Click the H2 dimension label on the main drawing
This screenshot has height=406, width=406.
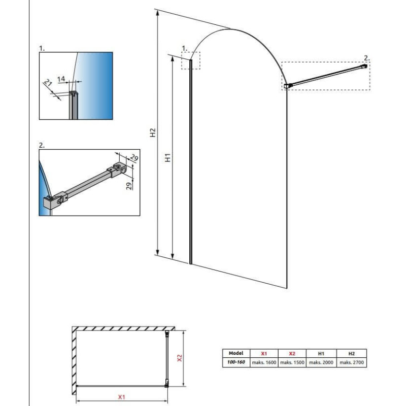point(153,132)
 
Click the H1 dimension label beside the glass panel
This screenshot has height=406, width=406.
point(168,158)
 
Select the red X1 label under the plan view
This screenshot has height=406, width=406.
point(122,397)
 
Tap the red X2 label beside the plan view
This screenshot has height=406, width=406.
point(180,358)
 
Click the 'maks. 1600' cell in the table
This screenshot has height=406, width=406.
point(264,362)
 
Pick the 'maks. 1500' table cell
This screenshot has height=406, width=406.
point(292,362)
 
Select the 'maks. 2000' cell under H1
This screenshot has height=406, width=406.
point(321,362)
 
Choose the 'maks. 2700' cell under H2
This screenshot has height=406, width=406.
point(352,362)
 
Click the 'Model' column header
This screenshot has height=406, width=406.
point(236,353)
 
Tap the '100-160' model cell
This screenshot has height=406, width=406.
point(236,362)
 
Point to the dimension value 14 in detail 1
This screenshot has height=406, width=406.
point(61,79)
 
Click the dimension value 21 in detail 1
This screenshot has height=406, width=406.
point(48,83)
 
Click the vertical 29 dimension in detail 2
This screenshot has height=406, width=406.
point(129,186)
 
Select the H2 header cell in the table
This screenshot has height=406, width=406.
point(351,353)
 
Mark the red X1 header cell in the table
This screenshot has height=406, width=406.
point(264,353)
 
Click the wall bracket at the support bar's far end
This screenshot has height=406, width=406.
point(364,66)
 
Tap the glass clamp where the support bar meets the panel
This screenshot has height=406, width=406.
point(288,85)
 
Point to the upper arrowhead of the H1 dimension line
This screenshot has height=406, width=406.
point(173,59)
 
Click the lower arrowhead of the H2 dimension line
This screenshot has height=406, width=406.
point(157,252)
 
